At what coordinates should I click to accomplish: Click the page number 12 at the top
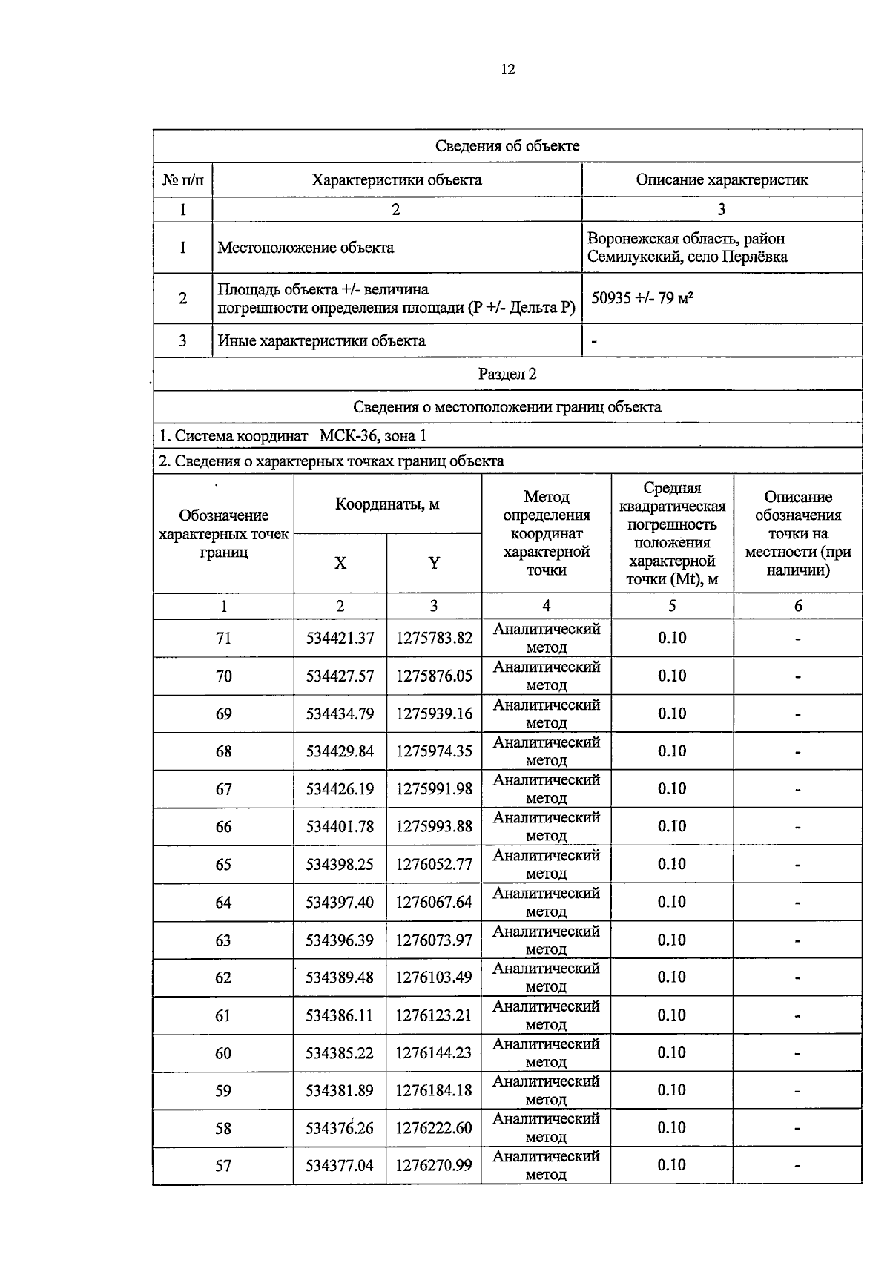pyautogui.click(x=508, y=70)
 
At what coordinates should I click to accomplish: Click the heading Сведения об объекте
pyautogui.click(x=507, y=146)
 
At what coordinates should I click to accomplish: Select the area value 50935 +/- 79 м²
pyautogui.click(x=642, y=298)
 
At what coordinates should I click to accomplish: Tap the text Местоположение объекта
pyautogui.click(x=305, y=248)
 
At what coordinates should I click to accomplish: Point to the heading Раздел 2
pyautogui.click(x=507, y=374)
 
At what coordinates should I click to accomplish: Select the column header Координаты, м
pyautogui.click(x=387, y=504)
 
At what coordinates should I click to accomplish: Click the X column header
pyautogui.click(x=340, y=563)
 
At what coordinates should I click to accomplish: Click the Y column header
pyautogui.click(x=434, y=563)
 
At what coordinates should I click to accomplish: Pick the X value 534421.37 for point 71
pyautogui.click(x=340, y=638)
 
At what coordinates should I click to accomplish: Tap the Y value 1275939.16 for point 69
pyautogui.click(x=434, y=713)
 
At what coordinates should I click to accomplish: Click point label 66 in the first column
pyautogui.click(x=223, y=827)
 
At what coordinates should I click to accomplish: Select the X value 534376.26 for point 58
pyautogui.click(x=340, y=1128)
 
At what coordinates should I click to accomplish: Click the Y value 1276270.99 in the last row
pyautogui.click(x=434, y=1166)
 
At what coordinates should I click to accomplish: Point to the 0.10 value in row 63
pyautogui.click(x=672, y=940)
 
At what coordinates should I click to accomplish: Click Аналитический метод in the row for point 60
pyautogui.click(x=546, y=1052)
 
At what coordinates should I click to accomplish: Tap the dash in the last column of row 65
pyautogui.click(x=797, y=865)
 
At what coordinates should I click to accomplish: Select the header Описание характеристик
pyautogui.click(x=722, y=179)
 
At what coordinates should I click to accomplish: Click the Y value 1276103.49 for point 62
pyautogui.click(x=434, y=977)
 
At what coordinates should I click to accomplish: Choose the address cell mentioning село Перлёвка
pyautogui.click(x=687, y=248)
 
